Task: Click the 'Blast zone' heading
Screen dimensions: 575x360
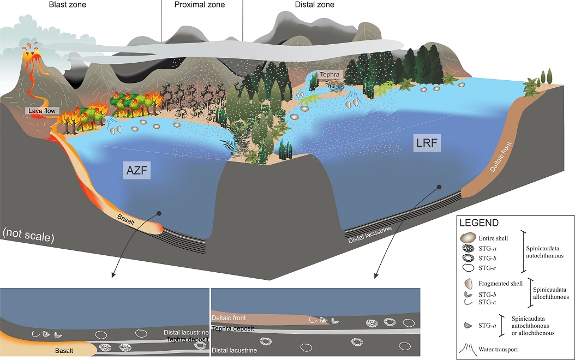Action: [68, 5]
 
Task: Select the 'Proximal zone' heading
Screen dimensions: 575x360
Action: [200, 5]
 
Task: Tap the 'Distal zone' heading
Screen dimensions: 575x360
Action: [315, 5]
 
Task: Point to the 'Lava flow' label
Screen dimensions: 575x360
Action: [42, 111]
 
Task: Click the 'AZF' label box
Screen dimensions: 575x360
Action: [137, 170]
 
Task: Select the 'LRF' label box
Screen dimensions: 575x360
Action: [427, 142]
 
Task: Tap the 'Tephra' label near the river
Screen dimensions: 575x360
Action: [330, 74]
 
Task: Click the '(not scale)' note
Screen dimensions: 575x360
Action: [28, 235]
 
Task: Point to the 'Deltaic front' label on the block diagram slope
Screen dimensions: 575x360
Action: [501, 157]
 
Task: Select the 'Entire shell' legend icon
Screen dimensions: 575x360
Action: [468, 238]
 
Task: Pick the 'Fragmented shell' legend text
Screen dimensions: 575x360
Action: [501, 284]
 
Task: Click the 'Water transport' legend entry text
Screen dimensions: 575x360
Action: [498, 350]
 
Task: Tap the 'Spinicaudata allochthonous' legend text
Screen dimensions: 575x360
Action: [551, 293]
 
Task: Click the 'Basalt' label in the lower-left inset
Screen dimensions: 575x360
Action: [64, 351]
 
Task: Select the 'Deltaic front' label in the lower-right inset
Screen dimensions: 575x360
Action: [229, 318]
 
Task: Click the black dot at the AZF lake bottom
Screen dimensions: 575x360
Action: [159, 213]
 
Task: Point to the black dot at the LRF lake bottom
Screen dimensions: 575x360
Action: [439, 187]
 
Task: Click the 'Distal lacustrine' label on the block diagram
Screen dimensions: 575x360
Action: [370, 235]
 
